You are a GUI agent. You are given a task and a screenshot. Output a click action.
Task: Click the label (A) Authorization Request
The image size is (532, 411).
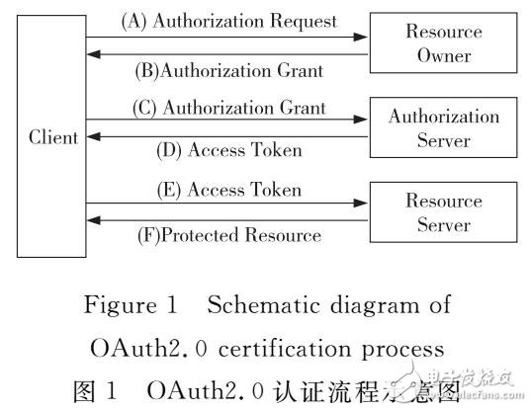[x=227, y=21]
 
